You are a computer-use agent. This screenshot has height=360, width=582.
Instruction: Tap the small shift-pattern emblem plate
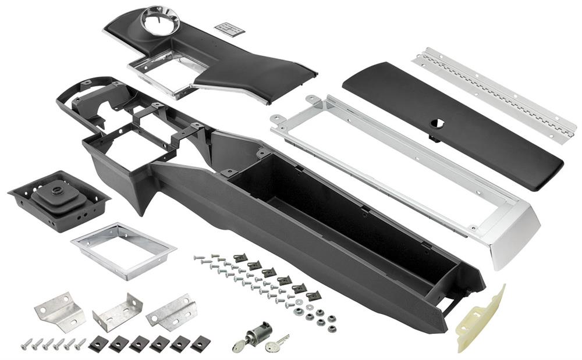click(229, 28)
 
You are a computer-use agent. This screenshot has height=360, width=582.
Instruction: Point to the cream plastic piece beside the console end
click(479, 320)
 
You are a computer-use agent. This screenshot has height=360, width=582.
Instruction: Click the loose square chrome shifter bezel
click(123, 249)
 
